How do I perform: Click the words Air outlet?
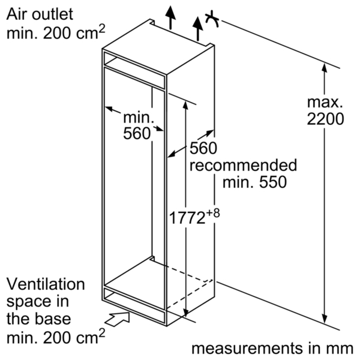40,14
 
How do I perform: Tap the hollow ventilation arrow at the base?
118,319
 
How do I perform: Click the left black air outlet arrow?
170,17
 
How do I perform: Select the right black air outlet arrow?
197,29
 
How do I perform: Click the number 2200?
325,119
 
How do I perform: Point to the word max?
325,103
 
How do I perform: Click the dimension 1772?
187,218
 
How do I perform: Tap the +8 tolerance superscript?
213,213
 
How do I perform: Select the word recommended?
243,165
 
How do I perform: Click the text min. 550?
254,182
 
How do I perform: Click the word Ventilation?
46,284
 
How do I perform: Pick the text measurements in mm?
272,349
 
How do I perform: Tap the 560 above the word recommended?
203,148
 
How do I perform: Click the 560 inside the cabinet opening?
137,133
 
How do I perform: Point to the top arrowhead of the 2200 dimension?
325,68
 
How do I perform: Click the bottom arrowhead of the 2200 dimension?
325,319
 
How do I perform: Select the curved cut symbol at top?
212,19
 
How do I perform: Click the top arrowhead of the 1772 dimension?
186,105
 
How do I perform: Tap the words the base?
38,319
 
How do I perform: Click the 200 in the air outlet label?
57,34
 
